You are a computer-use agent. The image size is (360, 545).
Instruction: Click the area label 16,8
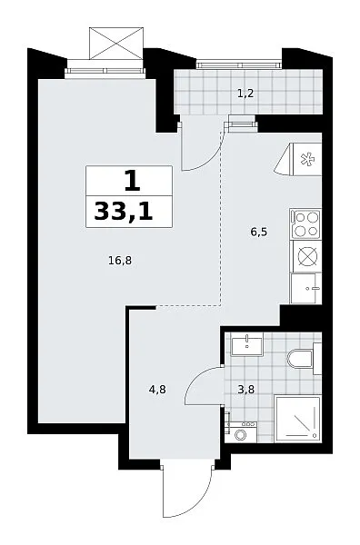(x=120, y=261)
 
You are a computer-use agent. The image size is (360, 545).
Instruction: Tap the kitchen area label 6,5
(x=259, y=232)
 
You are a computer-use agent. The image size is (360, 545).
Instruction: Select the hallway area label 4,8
(x=157, y=390)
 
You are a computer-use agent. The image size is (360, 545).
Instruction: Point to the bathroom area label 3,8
(x=245, y=390)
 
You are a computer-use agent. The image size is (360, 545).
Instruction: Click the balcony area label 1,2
(x=245, y=94)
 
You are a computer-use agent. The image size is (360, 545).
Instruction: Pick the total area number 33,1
(x=124, y=212)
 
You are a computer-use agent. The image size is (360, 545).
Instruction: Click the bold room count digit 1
(x=132, y=182)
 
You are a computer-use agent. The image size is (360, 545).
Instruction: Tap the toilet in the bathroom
(x=304, y=358)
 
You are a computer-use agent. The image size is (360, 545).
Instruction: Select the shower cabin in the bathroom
(x=297, y=419)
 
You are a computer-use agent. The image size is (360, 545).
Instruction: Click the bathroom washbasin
(x=247, y=343)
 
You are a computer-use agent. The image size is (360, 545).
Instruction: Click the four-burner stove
(x=306, y=224)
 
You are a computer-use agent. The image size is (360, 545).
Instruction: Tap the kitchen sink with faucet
(x=306, y=288)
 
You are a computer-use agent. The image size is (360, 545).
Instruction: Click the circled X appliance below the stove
(x=307, y=256)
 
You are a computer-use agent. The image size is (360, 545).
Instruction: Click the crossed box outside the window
(x=115, y=44)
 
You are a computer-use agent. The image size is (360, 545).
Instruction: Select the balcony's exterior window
(x=238, y=64)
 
